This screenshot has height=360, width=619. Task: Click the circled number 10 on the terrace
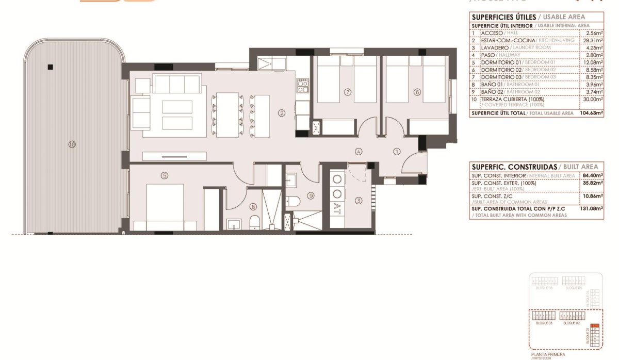tap(72, 144)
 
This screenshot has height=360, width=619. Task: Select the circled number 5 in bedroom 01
tap(165, 175)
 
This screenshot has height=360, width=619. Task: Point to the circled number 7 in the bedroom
tap(348, 92)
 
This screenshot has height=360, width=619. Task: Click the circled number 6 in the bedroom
tap(417, 92)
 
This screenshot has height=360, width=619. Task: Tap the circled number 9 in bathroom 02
tap(311, 195)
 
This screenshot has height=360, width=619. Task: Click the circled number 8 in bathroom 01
tap(253, 207)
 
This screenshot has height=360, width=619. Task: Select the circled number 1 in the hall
tap(396, 152)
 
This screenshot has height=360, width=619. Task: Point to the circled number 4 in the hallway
tap(359, 152)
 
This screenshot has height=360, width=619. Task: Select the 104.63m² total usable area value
tap(591, 113)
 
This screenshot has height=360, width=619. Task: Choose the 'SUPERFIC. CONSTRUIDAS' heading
tap(514, 167)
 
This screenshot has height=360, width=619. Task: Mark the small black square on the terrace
tap(50, 67)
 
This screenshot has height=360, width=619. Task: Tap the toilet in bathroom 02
tap(292, 201)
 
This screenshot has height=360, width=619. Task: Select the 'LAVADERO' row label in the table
tap(494, 47)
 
